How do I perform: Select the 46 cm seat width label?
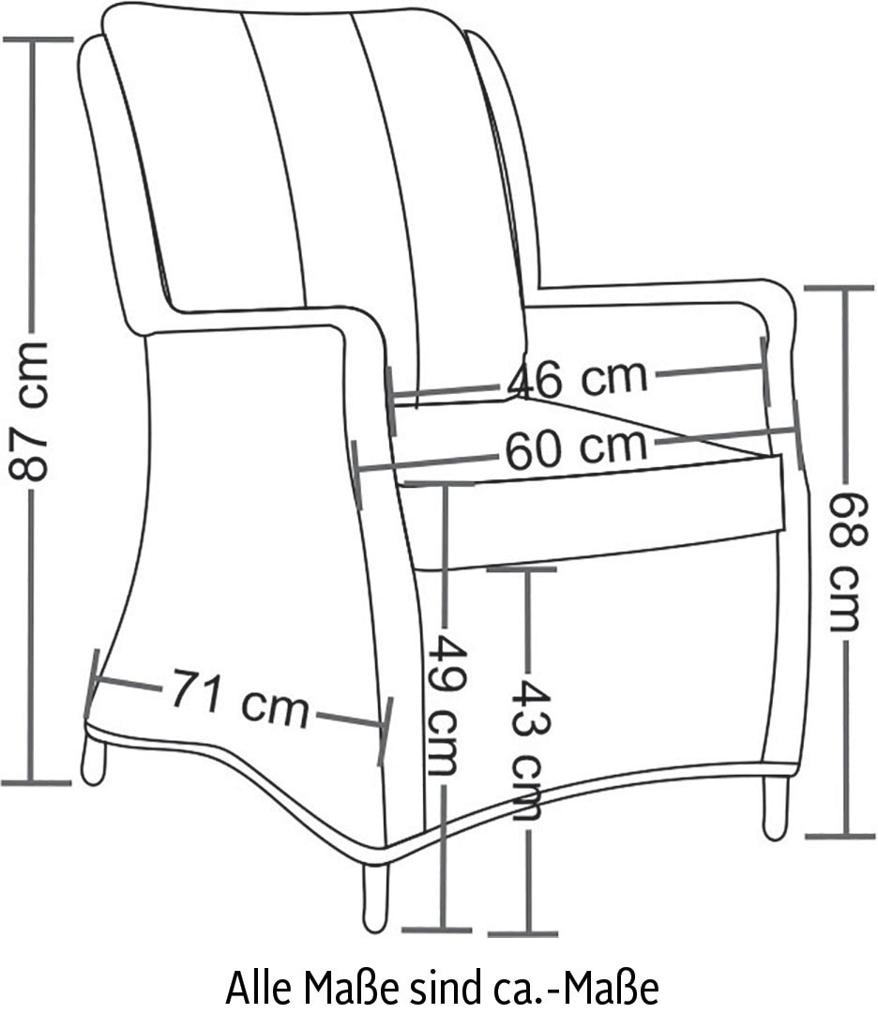point(577,379)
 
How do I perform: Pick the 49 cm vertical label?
point(447,705)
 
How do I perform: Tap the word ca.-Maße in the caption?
point(578,987)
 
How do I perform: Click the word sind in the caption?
point(439,987)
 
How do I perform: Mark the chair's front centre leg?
point(375,896)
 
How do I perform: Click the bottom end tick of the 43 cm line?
point(522,933)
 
